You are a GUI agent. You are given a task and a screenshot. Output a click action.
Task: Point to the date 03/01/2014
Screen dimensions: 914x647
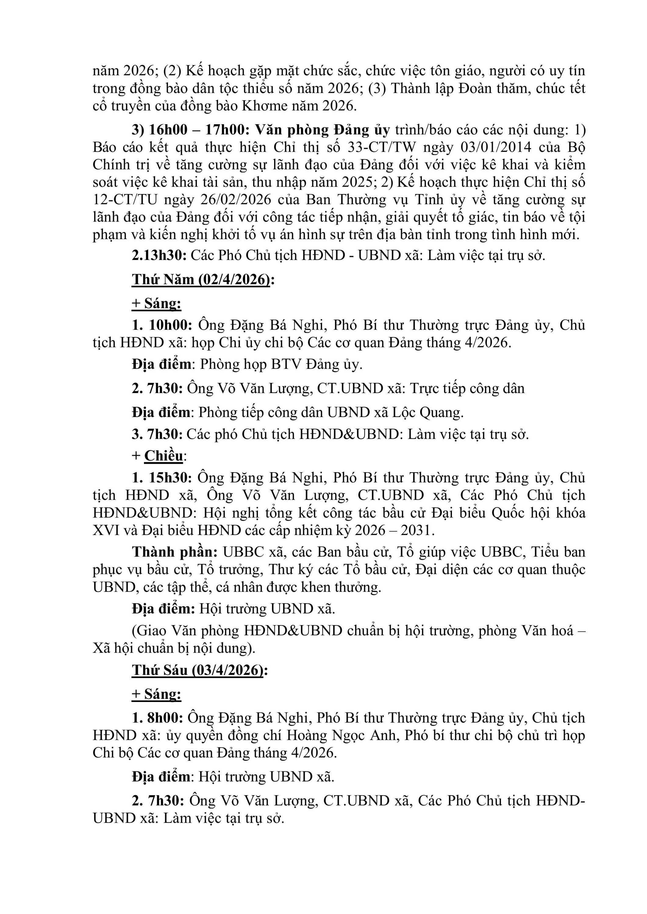(x=496, y=147)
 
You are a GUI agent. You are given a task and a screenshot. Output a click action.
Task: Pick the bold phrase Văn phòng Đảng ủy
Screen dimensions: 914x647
(x=322, y=130)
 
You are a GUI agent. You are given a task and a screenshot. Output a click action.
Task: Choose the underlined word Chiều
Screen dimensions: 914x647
(x=163, y=456)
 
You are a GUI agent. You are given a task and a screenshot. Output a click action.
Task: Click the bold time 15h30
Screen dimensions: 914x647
(x=170, y=478)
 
